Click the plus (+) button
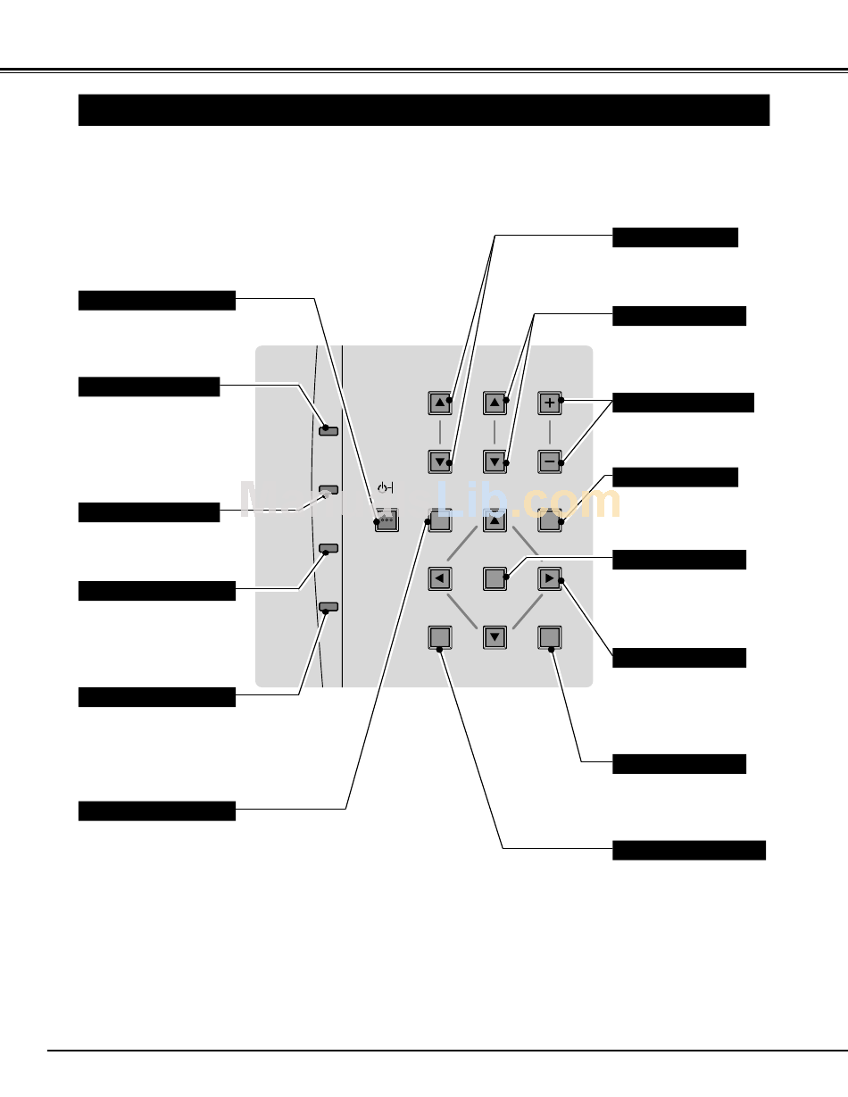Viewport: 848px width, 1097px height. coord(550,403)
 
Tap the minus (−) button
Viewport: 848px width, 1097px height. coord(550,461)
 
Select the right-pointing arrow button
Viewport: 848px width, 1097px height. coord(550,578)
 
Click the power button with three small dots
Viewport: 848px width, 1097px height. coord(386,521)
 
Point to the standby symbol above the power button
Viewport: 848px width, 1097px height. coord(385,488)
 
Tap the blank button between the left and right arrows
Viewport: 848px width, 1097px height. coord(495,578)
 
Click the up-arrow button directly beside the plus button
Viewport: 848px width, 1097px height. coord(495,403)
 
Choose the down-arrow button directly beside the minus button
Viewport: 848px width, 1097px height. coord(495,461)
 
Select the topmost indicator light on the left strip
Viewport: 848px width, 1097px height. coord(328,428)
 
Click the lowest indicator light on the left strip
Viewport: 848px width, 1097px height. coord(328,607)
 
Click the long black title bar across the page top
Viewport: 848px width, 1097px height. coord(424,111)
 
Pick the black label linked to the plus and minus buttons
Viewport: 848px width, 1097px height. coord(683,403)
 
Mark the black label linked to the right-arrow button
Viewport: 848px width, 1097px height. coord(679,658)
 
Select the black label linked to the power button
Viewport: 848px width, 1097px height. coord(157,300)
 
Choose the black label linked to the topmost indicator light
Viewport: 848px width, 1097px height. coord(149,386)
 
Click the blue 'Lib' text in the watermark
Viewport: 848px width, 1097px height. coord(478,502)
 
